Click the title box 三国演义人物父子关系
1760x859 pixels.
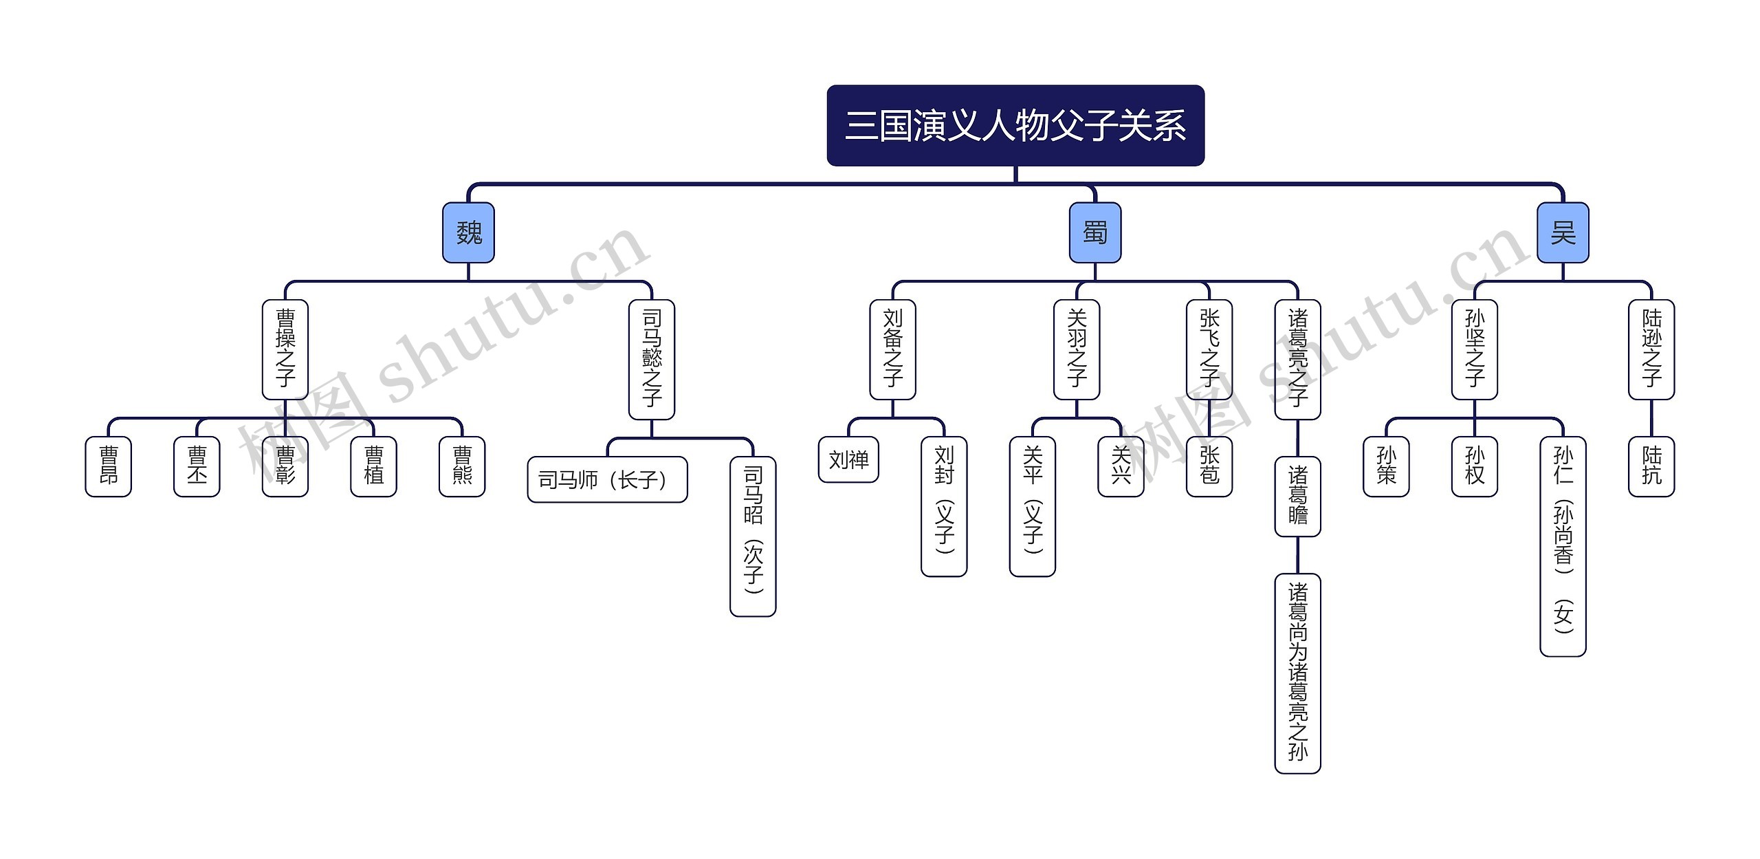1015,126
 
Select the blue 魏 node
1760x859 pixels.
468,232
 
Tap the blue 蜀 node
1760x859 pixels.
1094,232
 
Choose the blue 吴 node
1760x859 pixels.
1562,232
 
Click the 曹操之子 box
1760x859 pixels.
285,349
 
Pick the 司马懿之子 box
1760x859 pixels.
651,359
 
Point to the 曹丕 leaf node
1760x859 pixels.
197,466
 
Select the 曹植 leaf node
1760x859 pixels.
373,466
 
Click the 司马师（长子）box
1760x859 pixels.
607,479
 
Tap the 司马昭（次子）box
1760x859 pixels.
753,536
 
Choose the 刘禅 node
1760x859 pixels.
848,459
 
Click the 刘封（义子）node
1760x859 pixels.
944,506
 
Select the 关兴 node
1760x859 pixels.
1121,466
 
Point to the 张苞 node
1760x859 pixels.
1209,466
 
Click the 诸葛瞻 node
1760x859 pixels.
1297,496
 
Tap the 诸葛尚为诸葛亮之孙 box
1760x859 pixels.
1297,673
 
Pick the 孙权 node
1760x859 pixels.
1474,466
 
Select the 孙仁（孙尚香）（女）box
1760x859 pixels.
1563,546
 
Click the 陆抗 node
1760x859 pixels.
1651,466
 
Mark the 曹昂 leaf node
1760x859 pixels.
108,466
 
